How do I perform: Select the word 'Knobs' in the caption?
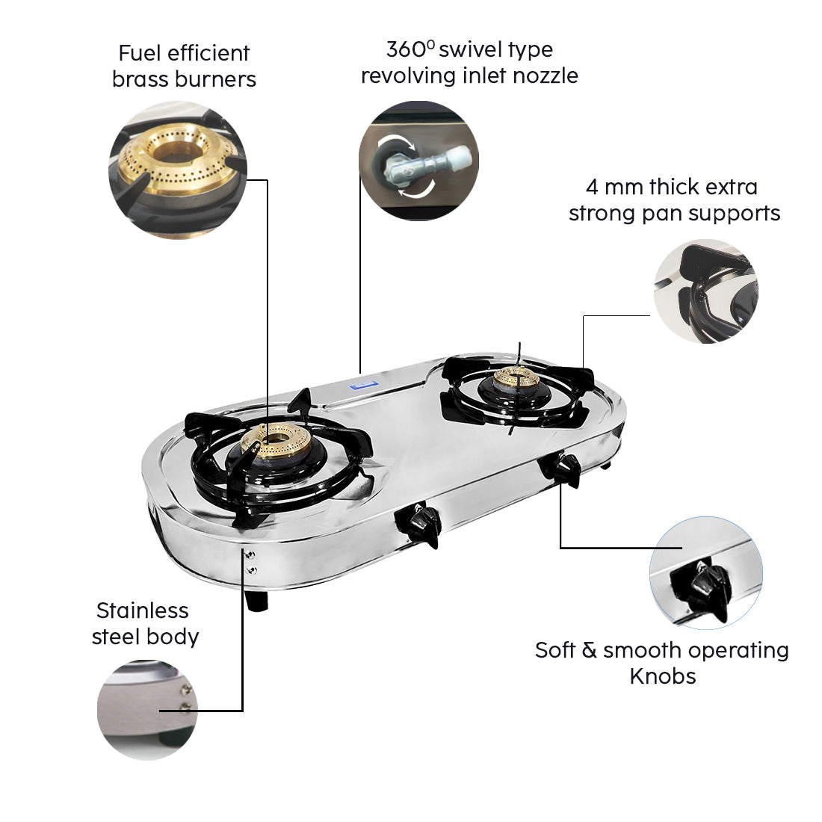[662, 676]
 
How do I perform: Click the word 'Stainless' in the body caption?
[142, 611]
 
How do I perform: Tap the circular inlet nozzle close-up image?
[418, 161]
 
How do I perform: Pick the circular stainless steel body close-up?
[148, 708]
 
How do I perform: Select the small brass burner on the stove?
[516, 380]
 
